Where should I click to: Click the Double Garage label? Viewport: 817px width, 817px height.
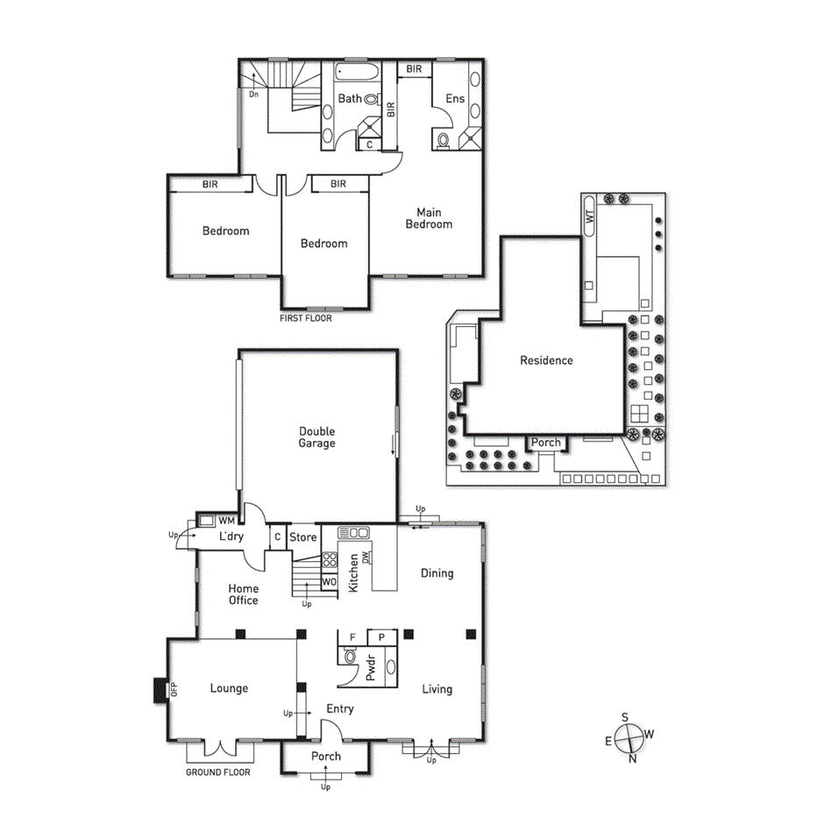point(316,437)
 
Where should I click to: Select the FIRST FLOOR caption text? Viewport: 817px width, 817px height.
point(306,318)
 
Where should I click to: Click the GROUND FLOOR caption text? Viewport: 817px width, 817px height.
point(218,772)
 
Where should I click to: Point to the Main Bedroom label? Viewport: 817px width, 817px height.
point(429,218)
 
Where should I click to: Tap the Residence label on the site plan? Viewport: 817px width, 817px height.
point(546,360)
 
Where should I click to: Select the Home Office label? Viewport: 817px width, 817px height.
point(243,594)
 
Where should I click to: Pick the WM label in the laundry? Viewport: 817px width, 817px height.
point(226,521)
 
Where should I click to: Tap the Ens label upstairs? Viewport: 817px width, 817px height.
point(455,99)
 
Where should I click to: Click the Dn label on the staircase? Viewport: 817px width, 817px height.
point(253,94)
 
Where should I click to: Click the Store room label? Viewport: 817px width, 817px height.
point(302,536)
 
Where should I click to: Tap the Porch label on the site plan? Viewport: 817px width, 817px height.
point(546,443)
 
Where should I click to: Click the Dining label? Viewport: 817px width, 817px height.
point(437,573)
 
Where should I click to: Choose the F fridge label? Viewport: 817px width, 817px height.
point(352,636)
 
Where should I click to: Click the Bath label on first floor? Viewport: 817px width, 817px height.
point(350,99)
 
